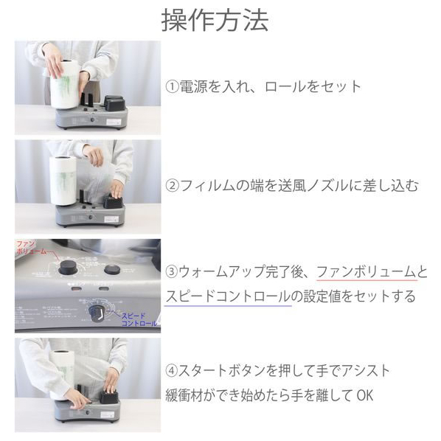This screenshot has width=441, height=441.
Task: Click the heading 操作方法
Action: pos(215,20)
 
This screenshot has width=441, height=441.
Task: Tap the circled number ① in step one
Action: pos(172,86)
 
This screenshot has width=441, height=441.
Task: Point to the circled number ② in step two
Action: pos(172,186)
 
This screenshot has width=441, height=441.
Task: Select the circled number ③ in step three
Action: pos(172,272)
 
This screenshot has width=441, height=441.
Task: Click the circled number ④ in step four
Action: pos(172,371)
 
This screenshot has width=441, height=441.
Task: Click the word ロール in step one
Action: pos(285,86)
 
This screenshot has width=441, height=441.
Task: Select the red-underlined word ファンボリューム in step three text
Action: pos(366,272)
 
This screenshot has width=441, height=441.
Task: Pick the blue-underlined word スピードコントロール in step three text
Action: pos(228,296)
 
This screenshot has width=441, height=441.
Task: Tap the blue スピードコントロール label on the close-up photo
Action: pos(139,319)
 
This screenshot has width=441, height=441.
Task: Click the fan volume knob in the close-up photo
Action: pos(69,267)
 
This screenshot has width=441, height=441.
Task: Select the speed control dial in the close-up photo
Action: pos(97,313)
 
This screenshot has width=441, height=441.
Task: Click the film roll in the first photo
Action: pos(64,84)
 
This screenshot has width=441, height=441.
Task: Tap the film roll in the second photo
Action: pos(63,181)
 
